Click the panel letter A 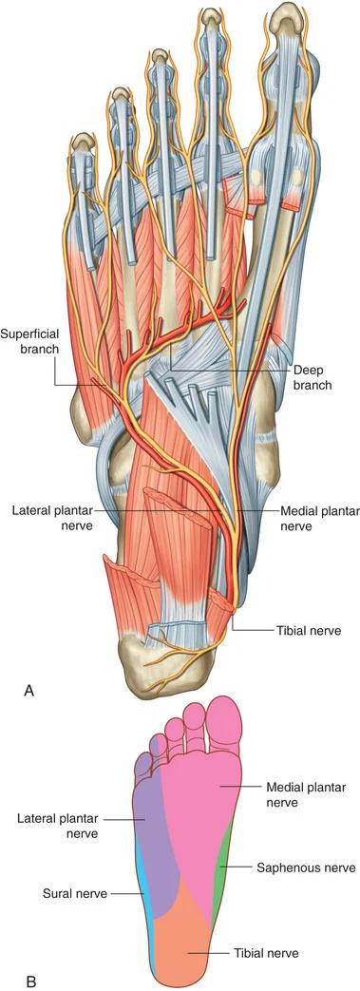[x=28, y=692]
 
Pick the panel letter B [x=30, y=981]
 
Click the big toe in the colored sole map [x=225, y=724]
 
